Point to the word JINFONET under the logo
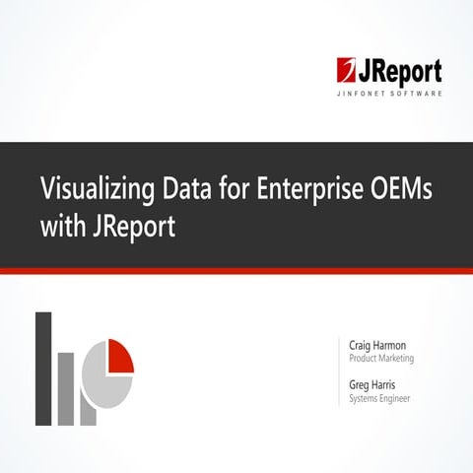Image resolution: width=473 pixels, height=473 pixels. [364, 95]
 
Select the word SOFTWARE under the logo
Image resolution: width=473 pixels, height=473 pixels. [419, 95]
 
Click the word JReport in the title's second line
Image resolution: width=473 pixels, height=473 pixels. [134, 226]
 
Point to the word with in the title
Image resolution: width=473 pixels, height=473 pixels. [62, 226]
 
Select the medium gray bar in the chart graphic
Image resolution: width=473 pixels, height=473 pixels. [65, 390]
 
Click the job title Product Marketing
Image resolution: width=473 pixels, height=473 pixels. [381, 359]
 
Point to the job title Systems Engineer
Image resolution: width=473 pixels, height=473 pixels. [380, 398]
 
